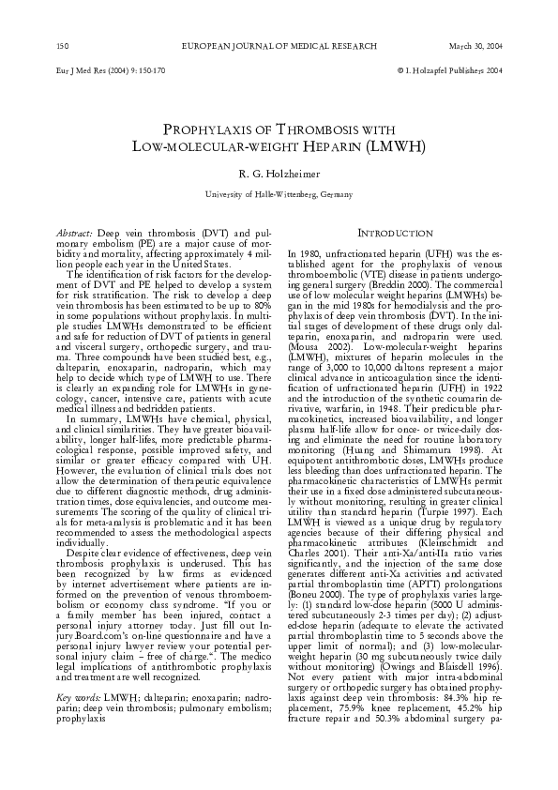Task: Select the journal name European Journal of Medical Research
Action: pos(279,46)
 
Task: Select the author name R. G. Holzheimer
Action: pos(279,174)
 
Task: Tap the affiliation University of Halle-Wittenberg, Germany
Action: pos(279,194)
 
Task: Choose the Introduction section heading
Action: pos(395,232)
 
